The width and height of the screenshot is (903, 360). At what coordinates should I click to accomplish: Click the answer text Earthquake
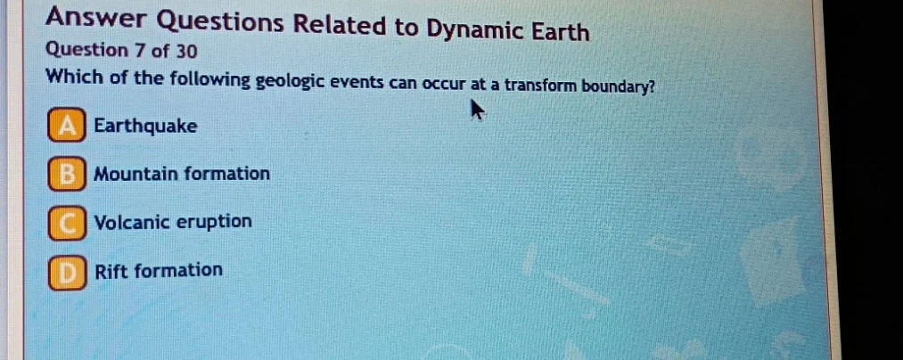coord(145,127)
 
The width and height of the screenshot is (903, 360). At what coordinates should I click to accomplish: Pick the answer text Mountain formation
coord(182,174)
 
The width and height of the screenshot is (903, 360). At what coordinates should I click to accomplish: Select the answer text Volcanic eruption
coord(173,222)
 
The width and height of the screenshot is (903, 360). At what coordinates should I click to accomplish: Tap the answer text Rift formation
coord(159,270)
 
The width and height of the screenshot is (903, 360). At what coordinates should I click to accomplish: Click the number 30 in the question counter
coord(187,51)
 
